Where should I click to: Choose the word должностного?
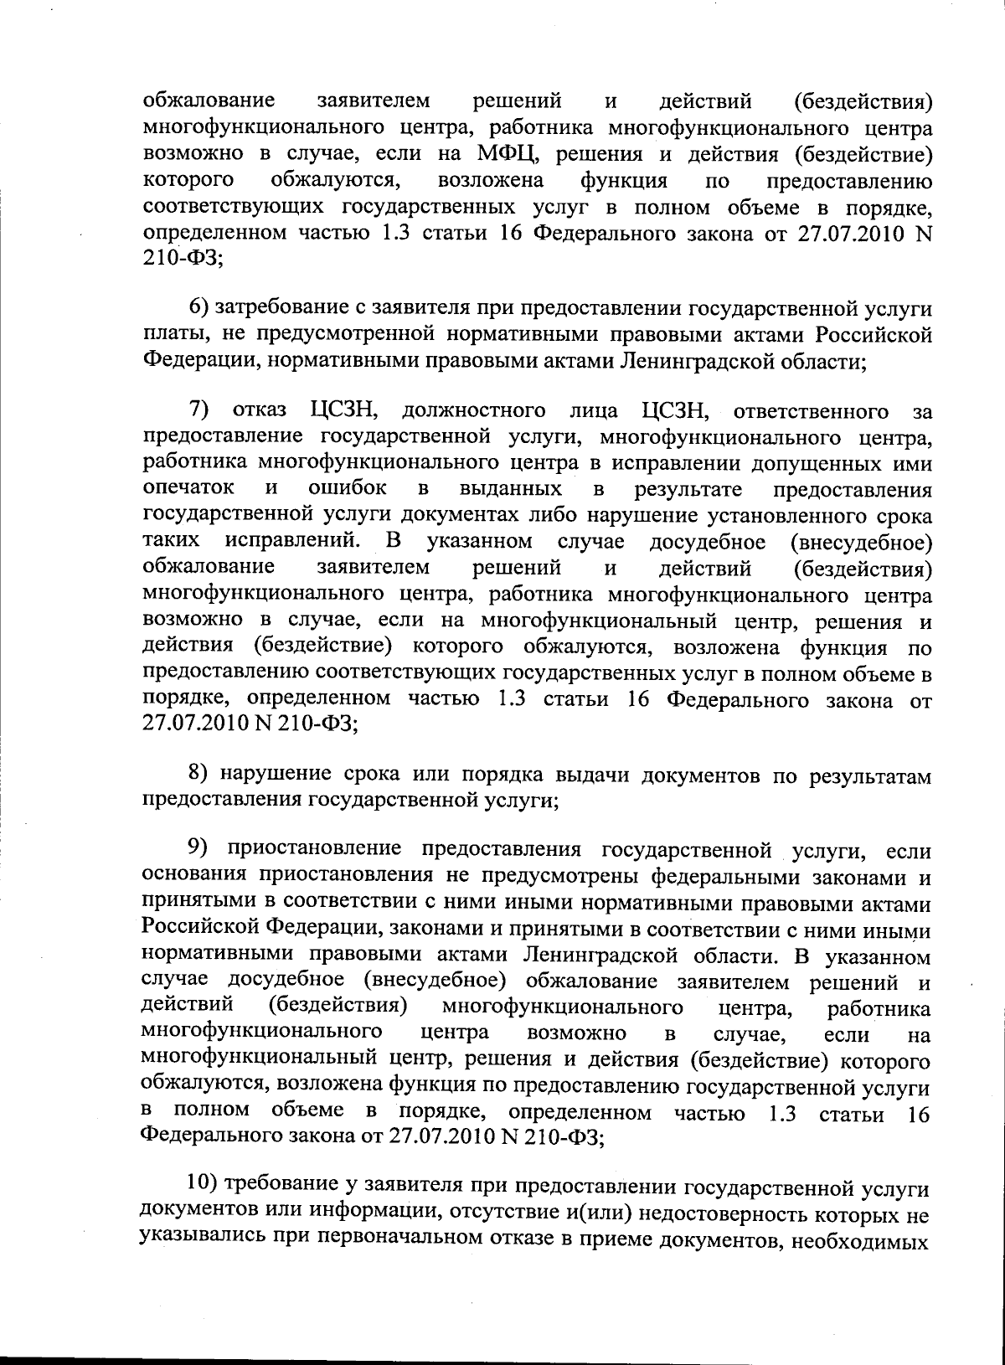pos(474,411)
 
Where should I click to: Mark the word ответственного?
pos(810,411)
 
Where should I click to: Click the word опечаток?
pos(188,488)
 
